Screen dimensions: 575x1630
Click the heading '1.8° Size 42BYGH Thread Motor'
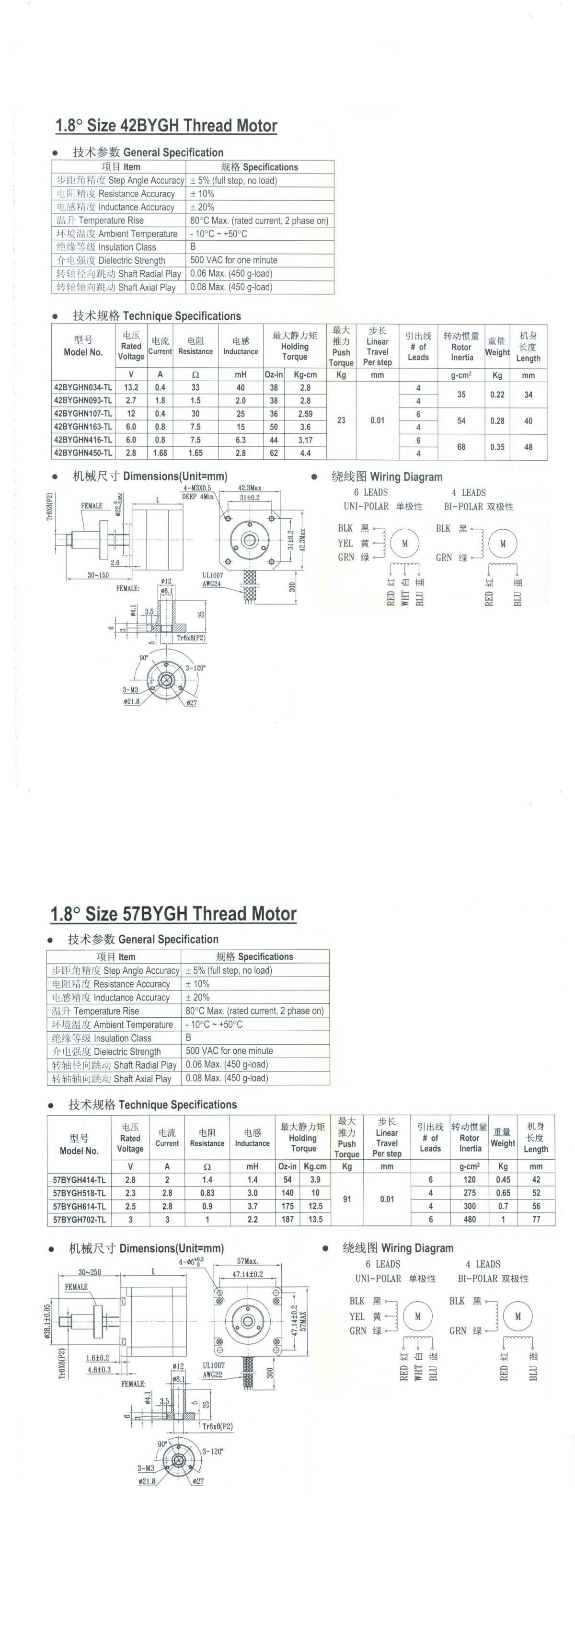tap(166, 125)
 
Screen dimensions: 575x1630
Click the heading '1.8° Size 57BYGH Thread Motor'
tap(173, 914)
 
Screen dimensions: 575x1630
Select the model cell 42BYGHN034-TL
tap(83, 387)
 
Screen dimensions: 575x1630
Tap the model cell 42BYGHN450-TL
tap(83, 453)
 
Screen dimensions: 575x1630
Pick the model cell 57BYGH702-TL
tap(80, 1219)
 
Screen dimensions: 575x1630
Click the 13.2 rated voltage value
tap(131, 387)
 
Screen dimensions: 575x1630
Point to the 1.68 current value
tap(160, 453)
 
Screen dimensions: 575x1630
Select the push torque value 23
tap(341, 420)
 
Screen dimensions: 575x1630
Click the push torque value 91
tap(346, 1199)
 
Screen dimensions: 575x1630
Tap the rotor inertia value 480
tap(470, 1219)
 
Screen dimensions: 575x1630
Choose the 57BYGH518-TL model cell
tap(80, 1193)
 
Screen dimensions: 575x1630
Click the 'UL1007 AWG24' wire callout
tap(213, 580)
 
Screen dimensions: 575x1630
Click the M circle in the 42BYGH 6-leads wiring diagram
tap(405, 543)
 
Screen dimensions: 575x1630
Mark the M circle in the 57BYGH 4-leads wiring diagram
tap(517, 1316)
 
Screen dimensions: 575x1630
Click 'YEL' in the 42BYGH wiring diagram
tap(345, 543)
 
